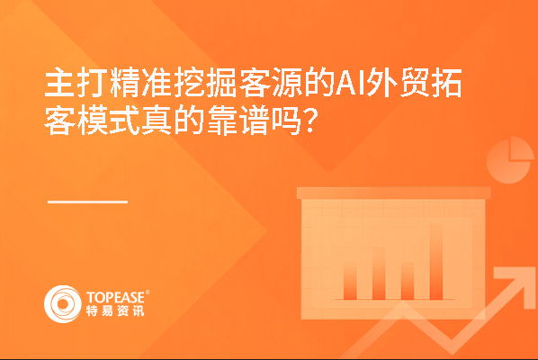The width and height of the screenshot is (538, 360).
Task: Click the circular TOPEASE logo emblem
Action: pos(63,304)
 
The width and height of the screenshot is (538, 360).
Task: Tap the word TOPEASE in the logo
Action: pos(116,298)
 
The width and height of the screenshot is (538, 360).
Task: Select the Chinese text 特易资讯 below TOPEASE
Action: pos(115,310)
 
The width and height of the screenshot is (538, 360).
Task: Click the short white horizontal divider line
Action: pos(87,202)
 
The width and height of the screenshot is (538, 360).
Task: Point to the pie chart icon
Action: pos(509,160)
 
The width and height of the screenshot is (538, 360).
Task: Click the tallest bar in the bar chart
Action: pos(436,262)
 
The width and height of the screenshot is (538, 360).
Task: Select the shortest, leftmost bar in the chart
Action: pos(350,282)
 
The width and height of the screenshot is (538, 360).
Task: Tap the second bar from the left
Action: pos(379,274)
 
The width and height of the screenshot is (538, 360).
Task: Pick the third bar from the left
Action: pos(408,281)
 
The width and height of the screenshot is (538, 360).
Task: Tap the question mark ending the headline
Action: pos(309,121)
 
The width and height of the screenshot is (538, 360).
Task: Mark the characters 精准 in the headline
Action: pos(140,83)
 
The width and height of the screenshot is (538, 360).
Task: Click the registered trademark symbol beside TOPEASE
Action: pos(148,292)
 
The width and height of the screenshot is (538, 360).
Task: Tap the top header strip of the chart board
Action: pos(393,193)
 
